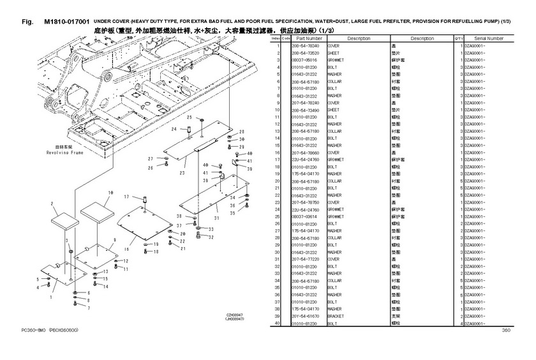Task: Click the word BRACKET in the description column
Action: pos(337,317)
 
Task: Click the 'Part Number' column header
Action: pos(304,39)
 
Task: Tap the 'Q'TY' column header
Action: pos(458,39)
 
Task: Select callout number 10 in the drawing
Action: pos(110,191)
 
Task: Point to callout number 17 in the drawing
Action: pos(126,197)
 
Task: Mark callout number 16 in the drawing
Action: pos(126,250)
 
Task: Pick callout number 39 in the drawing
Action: pos(250,170)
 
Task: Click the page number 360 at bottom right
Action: pos(506,330)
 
